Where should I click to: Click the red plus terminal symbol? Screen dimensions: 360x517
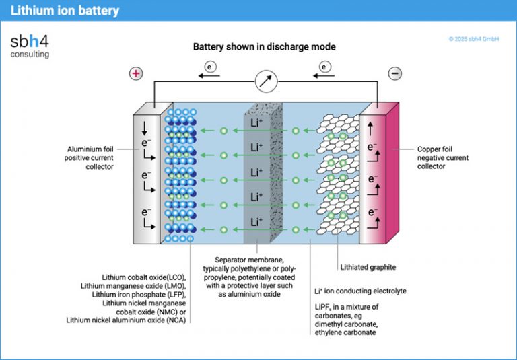pyautogui.click(x=135, y=73)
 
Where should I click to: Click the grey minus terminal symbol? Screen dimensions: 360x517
pyautogui.click(x=396, y=73)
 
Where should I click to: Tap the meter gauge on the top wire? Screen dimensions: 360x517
pyautogui.click(x=266, y=82)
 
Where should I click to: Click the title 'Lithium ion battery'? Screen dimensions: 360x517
pyautogui.click(x=65, y=11)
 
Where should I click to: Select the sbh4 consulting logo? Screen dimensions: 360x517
pyautogui.click(x=30, y=45)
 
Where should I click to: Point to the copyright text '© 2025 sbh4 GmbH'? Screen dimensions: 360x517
pyautogui.click(x=473, y=39)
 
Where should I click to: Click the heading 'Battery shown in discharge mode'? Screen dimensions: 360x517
pyautogui.click(x=264, y=47)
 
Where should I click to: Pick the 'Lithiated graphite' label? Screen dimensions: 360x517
pyautogui.click(x=368, y=267)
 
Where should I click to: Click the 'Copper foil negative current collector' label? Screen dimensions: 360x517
pyautogui.click(x=442, y=157)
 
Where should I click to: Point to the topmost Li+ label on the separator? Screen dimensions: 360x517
pyautogui.click(x=256, y=122)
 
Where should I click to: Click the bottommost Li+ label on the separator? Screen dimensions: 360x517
pyautogui.click(x=256, y=221)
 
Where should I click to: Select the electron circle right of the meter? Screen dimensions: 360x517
pyautogui.click(x=326, y=67)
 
